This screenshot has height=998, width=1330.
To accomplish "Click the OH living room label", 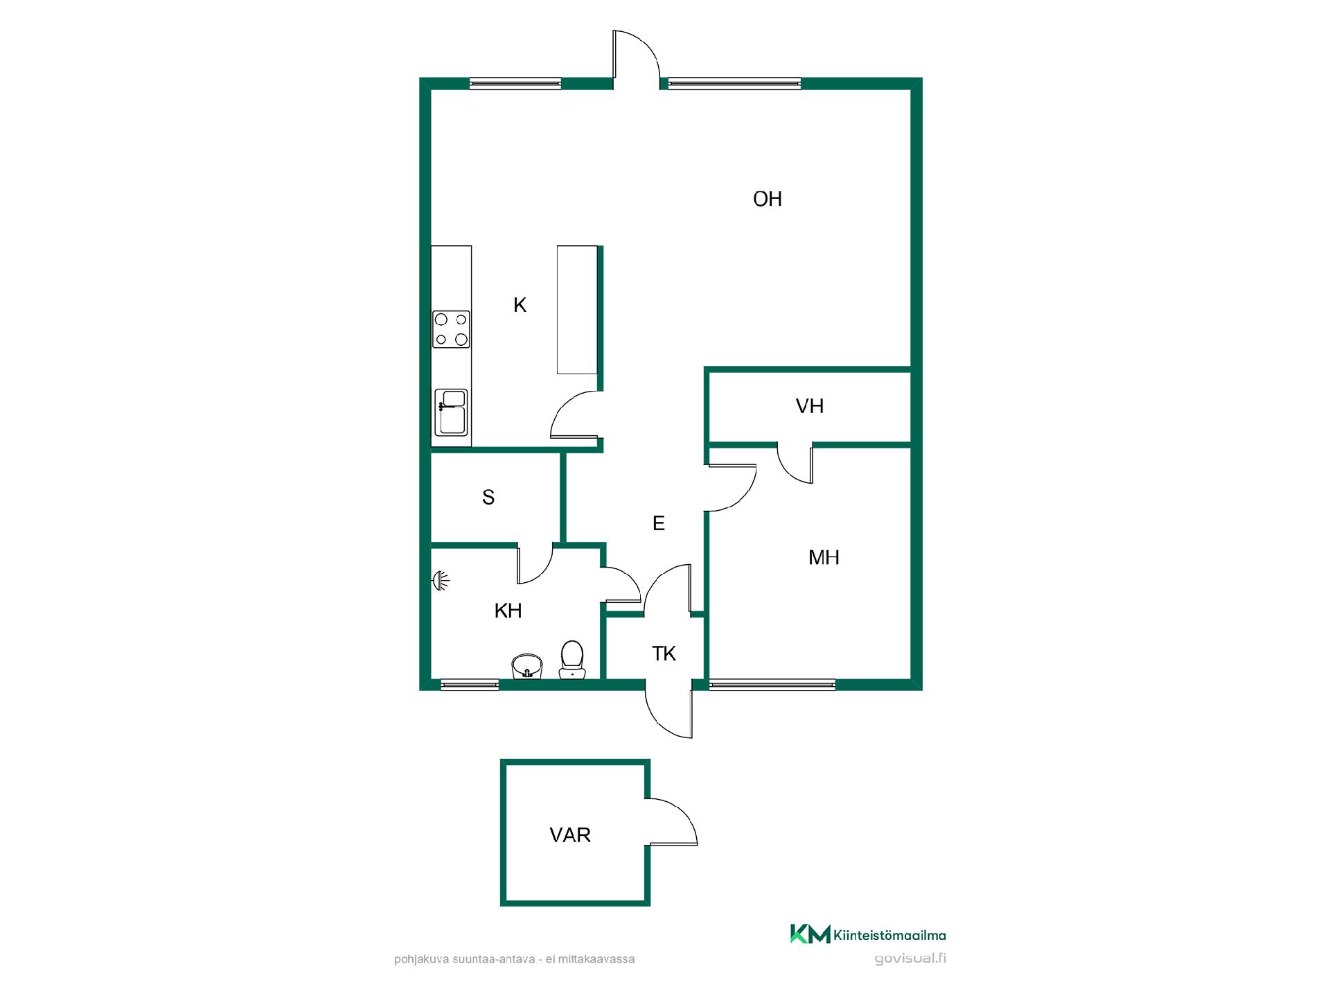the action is pos(768,200).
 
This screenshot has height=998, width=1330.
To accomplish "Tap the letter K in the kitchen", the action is pos(520,305).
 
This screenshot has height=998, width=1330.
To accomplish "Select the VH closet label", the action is pos(810,406).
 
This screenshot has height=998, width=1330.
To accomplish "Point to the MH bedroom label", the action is pos(824,557).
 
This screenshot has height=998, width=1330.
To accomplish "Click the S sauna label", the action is pos(488,498).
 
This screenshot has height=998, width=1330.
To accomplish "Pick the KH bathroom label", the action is pos(508,611).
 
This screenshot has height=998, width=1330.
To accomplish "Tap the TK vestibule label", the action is pos(664,654).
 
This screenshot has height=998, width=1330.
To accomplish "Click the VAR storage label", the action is pos(570,835).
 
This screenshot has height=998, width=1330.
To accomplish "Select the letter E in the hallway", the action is pos(659,523).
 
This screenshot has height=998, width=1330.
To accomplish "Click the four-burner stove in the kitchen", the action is pos(451,329).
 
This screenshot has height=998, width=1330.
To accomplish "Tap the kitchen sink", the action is pos(451,412).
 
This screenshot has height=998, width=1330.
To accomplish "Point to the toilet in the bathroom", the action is pos(571,659).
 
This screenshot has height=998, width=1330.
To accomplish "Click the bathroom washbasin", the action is pos(527,667).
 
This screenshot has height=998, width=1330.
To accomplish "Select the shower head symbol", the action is pos(440,580).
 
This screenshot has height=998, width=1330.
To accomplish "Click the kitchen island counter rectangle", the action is pos(578,310).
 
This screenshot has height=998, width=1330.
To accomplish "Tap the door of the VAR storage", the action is pos(672,821).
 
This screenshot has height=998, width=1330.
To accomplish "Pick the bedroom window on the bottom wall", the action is pos(772,685).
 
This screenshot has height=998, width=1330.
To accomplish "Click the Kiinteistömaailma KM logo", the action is pos(867,934).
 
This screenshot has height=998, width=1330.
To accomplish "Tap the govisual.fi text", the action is pos(910,959).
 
